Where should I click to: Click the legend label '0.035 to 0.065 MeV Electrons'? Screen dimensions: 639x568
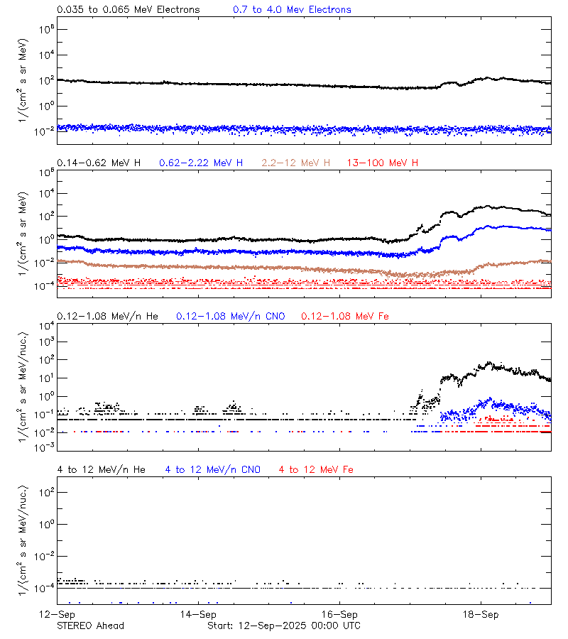(129, 10)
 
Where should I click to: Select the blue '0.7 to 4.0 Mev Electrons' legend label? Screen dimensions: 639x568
(292, 10)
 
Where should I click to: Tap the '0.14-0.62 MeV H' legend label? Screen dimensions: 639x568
(99, 163)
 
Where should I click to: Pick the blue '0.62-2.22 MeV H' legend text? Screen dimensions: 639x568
(201, 163)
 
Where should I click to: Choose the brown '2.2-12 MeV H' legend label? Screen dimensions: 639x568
(296, 163)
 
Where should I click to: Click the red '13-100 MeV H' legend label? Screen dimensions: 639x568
(383, 163)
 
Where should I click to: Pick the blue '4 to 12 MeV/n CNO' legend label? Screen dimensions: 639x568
(213, 469)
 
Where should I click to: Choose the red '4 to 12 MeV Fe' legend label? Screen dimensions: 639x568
(316, 469)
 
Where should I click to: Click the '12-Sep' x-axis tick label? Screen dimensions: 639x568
(58, 614)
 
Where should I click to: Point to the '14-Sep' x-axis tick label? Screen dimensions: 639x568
(197, 614)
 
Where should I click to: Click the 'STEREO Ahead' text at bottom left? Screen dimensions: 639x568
(90, 626)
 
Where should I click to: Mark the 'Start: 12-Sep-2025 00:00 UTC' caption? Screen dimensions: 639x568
(283, 626)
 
